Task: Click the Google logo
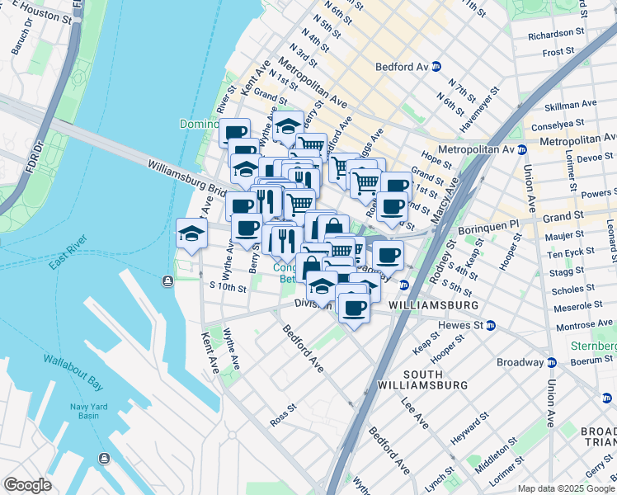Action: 28,485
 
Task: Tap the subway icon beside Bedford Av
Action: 435,66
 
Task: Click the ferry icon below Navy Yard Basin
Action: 103,458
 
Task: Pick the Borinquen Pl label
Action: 511,223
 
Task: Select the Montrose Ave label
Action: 584,326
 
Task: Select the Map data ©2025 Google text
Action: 566,488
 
